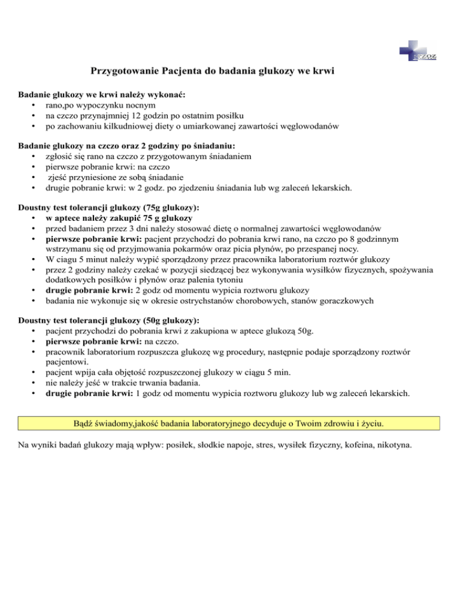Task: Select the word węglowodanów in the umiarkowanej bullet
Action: (x=311, y=126)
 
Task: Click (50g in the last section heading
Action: (x=148, y=320)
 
